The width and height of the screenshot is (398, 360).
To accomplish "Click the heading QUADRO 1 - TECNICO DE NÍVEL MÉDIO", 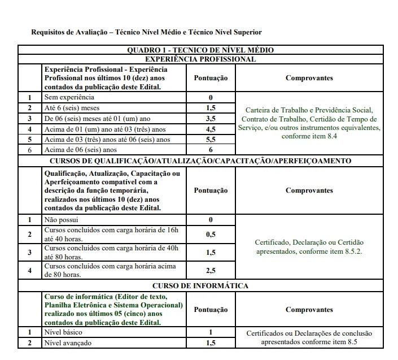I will [x=200, y=50].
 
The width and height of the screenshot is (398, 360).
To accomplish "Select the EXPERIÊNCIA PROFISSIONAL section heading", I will [x=200, y=59].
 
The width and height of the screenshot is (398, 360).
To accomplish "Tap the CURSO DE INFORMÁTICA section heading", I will [x=200, y=285].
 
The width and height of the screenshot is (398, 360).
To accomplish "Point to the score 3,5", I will [x=211, y=118].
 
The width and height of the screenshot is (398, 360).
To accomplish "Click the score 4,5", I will [x=211, y=129].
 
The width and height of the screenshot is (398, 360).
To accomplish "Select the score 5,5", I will [x=211, y=139].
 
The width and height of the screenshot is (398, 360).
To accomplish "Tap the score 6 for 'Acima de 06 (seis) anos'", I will [x=211, y=150].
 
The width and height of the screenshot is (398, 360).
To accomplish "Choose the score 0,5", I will [x=211, y=233].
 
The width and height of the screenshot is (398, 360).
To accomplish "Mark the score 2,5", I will [x=211, y=270].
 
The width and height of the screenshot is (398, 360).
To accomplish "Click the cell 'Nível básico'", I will [x=63, y=332].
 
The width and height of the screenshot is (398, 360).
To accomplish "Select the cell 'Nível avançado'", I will [x=67, y=342].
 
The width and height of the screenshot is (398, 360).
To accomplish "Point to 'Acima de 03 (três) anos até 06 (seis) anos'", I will [x=107, y=139].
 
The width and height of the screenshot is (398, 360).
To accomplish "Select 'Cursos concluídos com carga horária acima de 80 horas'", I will [x=110, y=270].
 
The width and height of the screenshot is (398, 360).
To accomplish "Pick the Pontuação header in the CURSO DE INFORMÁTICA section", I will [x=211, y=310].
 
